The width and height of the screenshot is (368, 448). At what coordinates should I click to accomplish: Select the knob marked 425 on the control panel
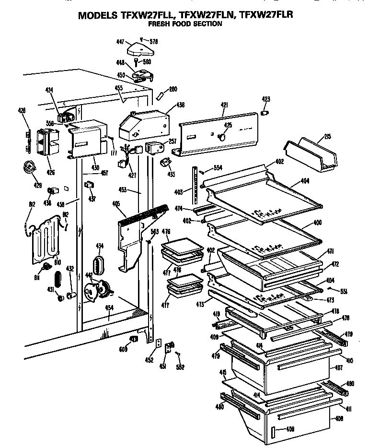click(222, 137)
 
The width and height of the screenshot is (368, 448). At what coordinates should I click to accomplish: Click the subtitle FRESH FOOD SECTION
click(184, 24)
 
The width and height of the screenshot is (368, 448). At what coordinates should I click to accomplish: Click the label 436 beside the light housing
click(180, 105)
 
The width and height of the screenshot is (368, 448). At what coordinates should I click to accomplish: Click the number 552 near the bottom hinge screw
click(180, 367)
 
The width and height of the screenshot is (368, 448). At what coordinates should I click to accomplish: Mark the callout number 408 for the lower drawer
click(339, 418)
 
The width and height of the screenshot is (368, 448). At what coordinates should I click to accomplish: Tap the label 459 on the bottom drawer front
click(290, 429)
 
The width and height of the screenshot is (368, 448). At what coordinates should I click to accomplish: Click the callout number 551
click(344, 290)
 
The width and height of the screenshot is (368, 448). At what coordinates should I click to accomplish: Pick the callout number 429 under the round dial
click(37, 185)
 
